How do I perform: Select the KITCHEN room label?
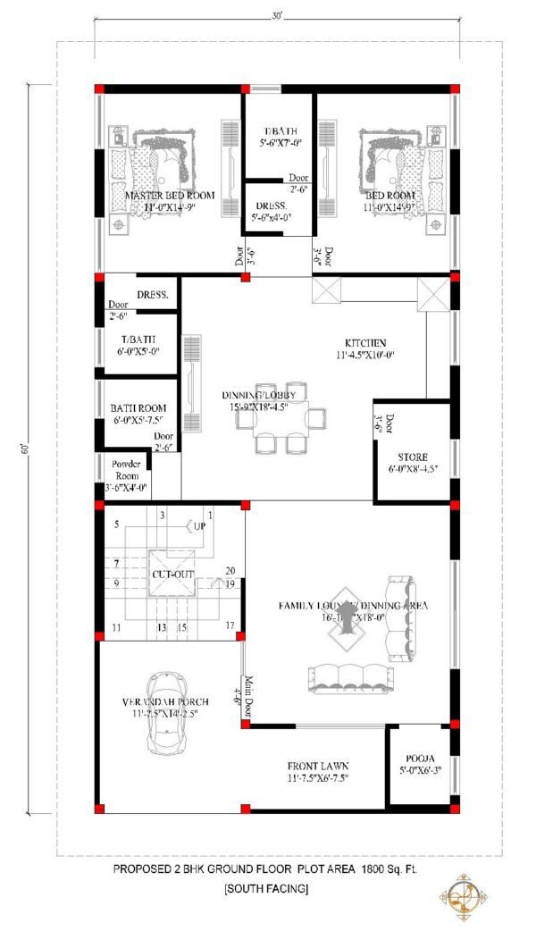coord(366,343)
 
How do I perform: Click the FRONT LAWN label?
coord(317,767)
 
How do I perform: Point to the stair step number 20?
coord(230,571)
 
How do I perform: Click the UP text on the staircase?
coord(200,527)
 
